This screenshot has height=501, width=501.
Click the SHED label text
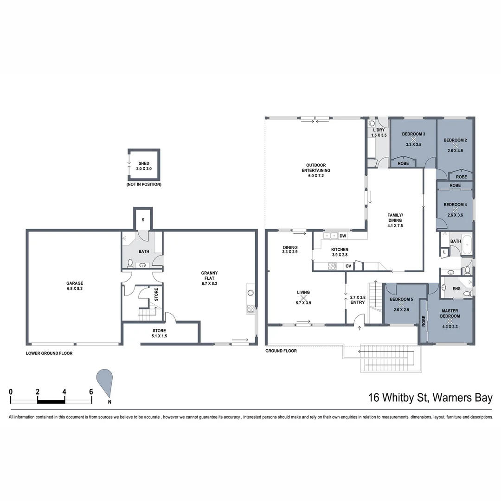click(144, 163)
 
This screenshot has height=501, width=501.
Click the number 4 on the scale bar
click(64, 392)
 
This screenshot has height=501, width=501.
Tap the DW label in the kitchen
click(343, 236)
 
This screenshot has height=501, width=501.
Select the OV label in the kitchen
click(348, 266)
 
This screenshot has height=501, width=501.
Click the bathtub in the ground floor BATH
click(467, 244)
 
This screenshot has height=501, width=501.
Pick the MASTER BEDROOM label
click(450, 313)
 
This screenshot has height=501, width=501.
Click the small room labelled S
click(143, 219)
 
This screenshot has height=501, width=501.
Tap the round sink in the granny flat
click(251, 292)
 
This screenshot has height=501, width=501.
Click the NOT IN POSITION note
click(144, 185)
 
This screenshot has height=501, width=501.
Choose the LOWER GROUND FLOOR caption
click(49, 353)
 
